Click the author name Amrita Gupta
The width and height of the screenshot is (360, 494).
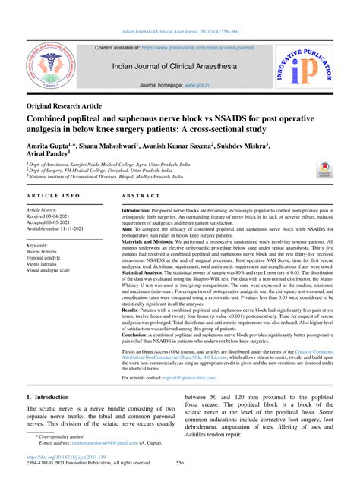(50, 144)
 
